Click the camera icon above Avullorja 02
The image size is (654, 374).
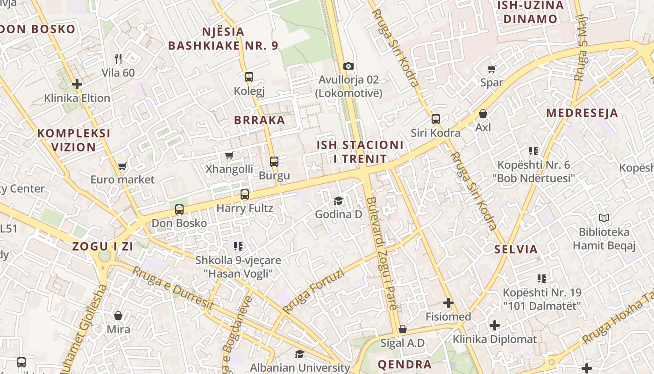(x=348, y=66)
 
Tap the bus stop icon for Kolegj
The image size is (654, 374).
(x=249, y=77)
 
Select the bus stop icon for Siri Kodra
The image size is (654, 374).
(x=436, y=119)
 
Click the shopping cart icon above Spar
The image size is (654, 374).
(x=491, y=69)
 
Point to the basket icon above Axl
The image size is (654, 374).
(x=483, y=114)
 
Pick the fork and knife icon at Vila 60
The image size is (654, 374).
(x=118, y=59)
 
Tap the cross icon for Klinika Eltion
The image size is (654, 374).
(x=77, y=84)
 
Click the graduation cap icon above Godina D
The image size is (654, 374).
(x=338, y=201)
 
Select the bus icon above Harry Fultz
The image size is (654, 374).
(x=245, y=194)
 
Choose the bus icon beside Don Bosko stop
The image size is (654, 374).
(x=179, y=209)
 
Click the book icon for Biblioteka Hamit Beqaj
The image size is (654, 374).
(x=604, y=218)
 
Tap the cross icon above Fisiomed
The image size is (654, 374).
(x=448, y=303)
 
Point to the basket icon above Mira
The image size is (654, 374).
(x=118, y=316)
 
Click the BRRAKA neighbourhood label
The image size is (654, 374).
(x=259, y=120)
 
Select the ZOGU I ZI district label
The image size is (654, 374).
(x=103, y=246)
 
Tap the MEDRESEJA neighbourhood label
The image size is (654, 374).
(x=582, y=113)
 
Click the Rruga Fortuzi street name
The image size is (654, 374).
(x=313, y=291)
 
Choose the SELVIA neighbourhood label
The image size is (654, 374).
(x=516, y=249)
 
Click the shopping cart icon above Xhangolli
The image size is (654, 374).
(x=229, y=156)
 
